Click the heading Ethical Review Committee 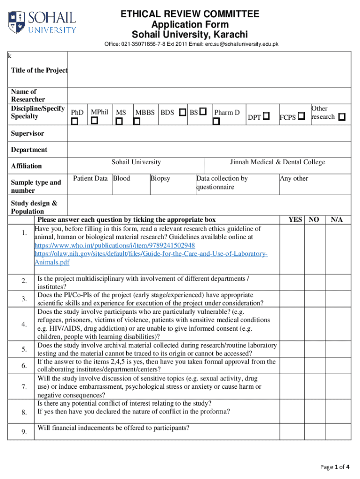click(189, 14)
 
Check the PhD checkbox click(75, 121)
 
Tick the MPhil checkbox click(94, 121)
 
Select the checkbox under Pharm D click(216, 121)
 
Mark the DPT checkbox click(266, 116)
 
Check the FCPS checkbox click(302, 116)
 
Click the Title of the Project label click(39, 70)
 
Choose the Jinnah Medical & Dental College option click(277, 162)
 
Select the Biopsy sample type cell click(160, 178)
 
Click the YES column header click(295, 219)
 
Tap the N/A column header click(337, 219)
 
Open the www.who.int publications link click(115, 246)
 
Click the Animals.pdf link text click(52, 262)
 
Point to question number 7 click(24, 387)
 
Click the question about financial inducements click(114, 428)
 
